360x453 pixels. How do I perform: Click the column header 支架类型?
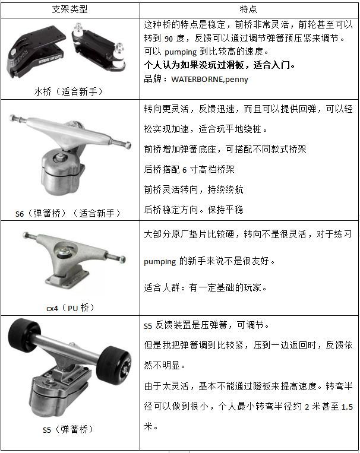[x=71, y=10]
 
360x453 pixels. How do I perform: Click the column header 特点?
[x=248, y=10]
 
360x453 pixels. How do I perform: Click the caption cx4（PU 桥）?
[x=71, y=308]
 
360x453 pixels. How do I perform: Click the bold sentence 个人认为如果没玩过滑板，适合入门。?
[x=219, y=65]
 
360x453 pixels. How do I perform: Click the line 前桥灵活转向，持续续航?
[x=194, y=189]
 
